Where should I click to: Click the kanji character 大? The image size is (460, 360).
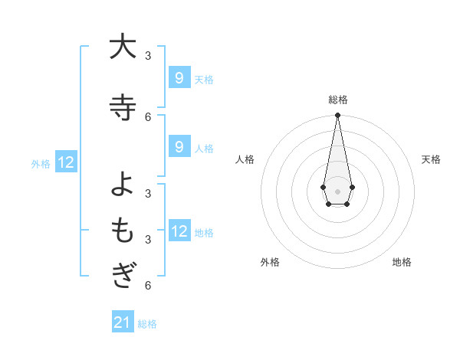pyautogui.click(x=123, y=47)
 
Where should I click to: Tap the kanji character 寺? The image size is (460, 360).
pyautogui.click(x=123, y=107)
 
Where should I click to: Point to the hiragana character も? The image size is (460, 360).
pyautogui.click(x=123, y=230)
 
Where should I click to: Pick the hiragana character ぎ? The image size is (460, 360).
pyautogui.click(x=123, y=275)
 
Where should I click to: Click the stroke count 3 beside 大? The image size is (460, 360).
pyautogui.click(x=148, y=55)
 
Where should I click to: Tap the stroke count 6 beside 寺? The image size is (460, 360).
pyautogui.click(x=148, y=116)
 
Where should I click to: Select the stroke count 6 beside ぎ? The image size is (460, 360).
pyautogui.click(x=148, y=286)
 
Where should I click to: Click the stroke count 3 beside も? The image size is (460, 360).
pyautogui.click(x=148, y=239)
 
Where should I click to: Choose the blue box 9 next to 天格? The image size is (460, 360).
pyautogui.click(x=179, y=77)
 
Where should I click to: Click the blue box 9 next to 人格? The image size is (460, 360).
pyautogui.click(x=179, y=147)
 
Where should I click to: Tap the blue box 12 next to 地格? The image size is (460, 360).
pyautogui.click(x=179, y=231)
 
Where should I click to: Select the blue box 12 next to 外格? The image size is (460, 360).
pyautogui.click(x=66, y=162)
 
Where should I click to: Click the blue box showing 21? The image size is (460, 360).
pyautogui.click(x=123, y=322)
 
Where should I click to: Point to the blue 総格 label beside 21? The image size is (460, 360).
pyautogui.click(x=147, y=324)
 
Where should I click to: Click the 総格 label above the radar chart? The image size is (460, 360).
pyautogui.click(x=338, y=100)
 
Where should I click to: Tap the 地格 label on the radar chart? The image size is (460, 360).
pyautogui.click(x=402, y=262)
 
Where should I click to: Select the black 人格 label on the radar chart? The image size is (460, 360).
pyautogui.click(x=245, y=159)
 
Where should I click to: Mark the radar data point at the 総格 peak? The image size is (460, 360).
pyautogui.click(x=337, y=115)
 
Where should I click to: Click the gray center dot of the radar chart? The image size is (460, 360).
pyautogui.click(x=337, y=190)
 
